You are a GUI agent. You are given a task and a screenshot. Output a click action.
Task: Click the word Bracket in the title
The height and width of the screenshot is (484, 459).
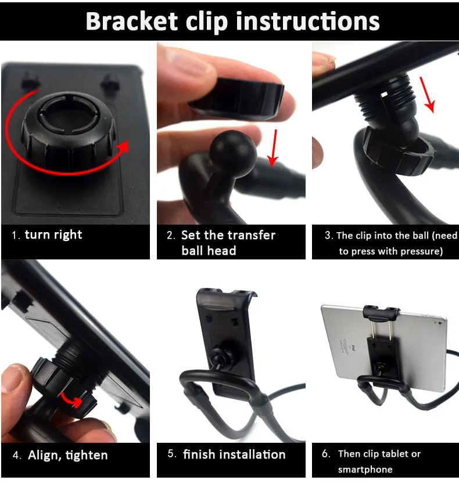click(131, 21)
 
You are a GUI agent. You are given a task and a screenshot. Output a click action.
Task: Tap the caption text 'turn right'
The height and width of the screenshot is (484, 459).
click(53, 235)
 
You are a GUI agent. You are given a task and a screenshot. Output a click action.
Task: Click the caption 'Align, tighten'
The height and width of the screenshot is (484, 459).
click(68, 456)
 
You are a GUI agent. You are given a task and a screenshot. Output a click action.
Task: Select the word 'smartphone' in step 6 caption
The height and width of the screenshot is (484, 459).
click(365, 469)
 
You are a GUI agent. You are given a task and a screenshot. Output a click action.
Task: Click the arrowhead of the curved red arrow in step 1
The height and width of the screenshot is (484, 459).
click(124, 147)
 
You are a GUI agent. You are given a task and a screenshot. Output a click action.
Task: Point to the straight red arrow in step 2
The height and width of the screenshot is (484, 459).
click(273, 148)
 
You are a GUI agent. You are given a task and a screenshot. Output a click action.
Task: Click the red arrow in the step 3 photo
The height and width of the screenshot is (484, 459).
click(428, 95)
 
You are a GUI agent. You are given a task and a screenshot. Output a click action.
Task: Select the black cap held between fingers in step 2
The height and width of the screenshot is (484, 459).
click(236, 97)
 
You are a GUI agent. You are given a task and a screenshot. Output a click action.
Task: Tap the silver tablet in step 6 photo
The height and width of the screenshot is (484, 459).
click(383, 346)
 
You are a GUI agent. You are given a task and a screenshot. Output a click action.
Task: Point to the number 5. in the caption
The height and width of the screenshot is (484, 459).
click(172, 454)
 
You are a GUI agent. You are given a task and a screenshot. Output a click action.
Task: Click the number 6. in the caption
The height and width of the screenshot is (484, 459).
click(326, 453)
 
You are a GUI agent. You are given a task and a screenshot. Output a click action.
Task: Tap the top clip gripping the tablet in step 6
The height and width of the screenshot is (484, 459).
click(381, 313)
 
